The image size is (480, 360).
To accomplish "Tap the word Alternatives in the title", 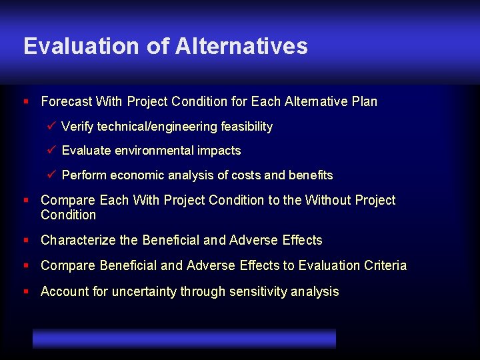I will coord(241,46).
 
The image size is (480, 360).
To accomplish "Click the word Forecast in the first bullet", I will coord(66,102).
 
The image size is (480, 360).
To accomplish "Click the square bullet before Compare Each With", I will coord(26,200).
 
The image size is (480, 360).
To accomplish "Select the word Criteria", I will coord(385,265).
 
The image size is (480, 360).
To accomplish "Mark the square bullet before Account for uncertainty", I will coord(26,291).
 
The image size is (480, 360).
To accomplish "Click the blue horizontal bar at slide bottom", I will coord(184,338).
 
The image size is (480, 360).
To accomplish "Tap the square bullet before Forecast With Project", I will coord(26,102).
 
